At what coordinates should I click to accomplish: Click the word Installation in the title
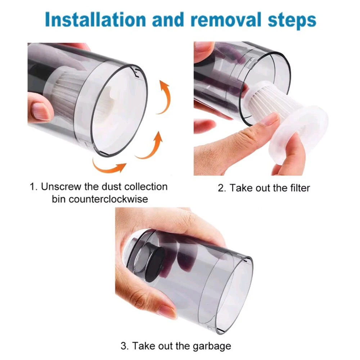pos(96,19)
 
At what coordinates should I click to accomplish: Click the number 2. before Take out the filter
pos(222,188)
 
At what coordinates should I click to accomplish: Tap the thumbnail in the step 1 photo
pos(41,111)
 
